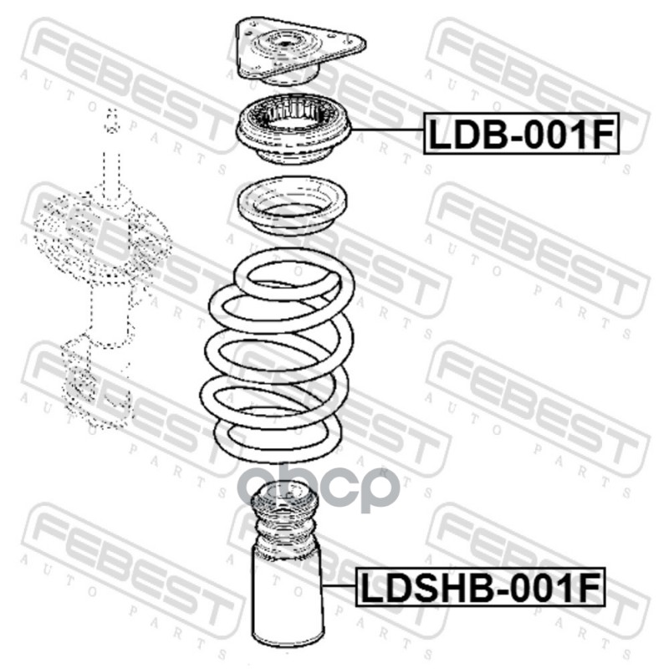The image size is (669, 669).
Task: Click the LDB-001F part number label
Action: click(521, 133)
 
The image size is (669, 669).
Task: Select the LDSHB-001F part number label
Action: click(480, 587)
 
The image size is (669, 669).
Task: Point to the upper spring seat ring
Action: click(292, 206)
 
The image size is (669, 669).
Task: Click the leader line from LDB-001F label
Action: click(386, 130)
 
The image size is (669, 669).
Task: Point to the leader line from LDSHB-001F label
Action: click(340, 586)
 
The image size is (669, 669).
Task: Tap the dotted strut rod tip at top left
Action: click(111, 121)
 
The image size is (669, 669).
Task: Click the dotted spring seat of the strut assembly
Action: click(102, 237)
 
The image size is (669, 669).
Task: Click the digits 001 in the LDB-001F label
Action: click(554, 134)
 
